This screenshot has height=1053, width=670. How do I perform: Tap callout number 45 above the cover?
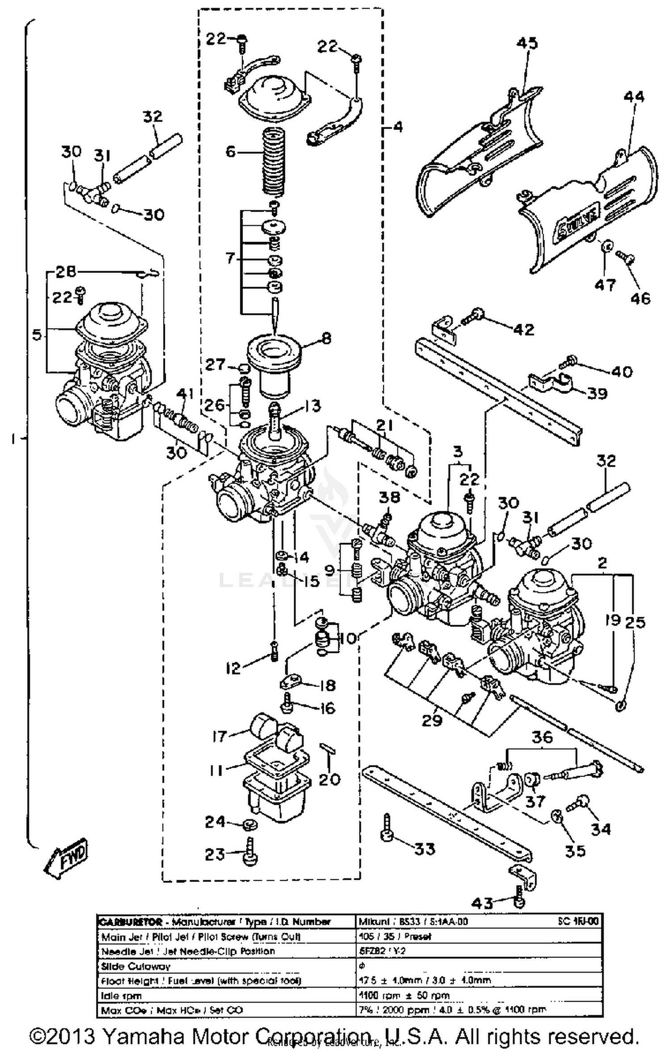coord(527,43)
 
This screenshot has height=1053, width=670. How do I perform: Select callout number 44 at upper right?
coord(634,96)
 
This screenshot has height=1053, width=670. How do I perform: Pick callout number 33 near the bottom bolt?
coord(424,848)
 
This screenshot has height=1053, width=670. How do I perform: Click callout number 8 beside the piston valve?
coord(327,338)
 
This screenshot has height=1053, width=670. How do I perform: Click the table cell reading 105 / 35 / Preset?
coord(395,936)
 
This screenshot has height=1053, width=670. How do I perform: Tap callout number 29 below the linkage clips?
coord(431,720)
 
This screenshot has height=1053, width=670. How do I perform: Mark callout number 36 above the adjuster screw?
coord(542,737)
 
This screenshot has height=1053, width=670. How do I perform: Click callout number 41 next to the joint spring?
coord(185,394)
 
